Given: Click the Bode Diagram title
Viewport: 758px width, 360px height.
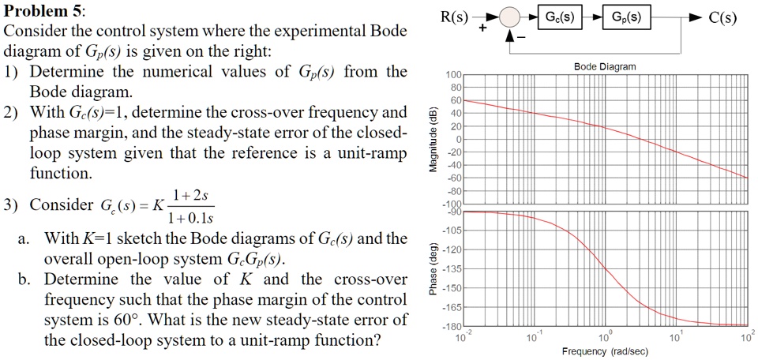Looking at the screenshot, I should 606,67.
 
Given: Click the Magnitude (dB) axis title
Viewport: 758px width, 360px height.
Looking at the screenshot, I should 432,138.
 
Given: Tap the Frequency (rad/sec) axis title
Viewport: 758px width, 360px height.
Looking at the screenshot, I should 605,351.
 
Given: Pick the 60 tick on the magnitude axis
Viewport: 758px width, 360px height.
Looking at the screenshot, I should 455,100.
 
